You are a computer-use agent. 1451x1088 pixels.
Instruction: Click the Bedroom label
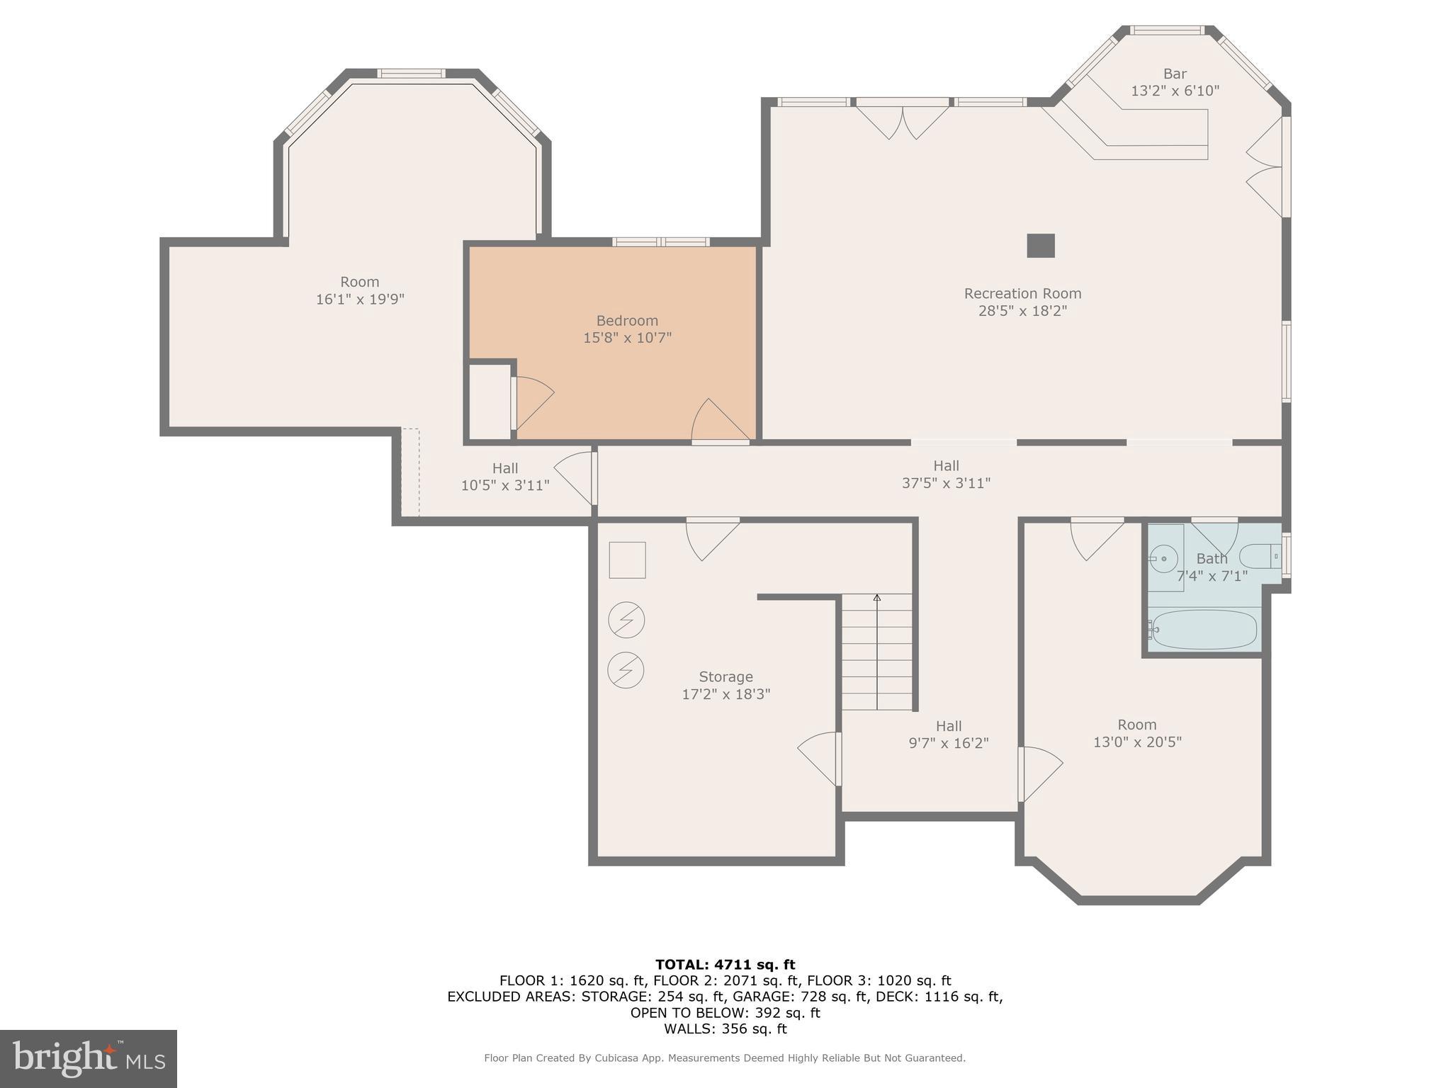(x=627, y=321)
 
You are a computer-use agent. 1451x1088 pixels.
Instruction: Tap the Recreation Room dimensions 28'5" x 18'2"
(x=1022, y=311)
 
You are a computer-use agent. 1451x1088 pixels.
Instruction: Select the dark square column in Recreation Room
(x=1041, y=246)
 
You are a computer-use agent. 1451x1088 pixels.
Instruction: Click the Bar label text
(x=1175, y=74)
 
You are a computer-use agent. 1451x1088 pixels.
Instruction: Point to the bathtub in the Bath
(x=1204, y=629)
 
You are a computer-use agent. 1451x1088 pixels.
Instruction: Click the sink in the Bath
(x=1164, y=559)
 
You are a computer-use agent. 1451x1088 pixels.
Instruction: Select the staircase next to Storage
(x=876, y=652)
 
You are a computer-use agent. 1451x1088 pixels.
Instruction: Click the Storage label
(x=725, y=676)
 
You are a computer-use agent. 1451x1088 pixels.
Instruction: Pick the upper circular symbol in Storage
(x=626, y=620)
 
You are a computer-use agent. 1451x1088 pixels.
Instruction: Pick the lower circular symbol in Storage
(x=626, y=669)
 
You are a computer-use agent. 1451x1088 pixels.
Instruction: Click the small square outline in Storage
(x=627, y=560)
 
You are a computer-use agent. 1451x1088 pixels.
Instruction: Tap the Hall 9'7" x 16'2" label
(x=948, y=735)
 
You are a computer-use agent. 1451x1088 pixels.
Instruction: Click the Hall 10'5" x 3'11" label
(x=505, y=477)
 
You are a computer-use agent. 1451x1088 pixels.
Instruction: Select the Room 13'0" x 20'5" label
(x=1136, y=733)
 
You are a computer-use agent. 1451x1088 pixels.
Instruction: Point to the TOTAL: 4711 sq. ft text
(x=725, y=964)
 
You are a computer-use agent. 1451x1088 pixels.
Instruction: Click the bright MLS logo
(x=89, y=1058)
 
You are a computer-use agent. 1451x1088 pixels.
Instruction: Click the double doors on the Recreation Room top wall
(x=903, y=120)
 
